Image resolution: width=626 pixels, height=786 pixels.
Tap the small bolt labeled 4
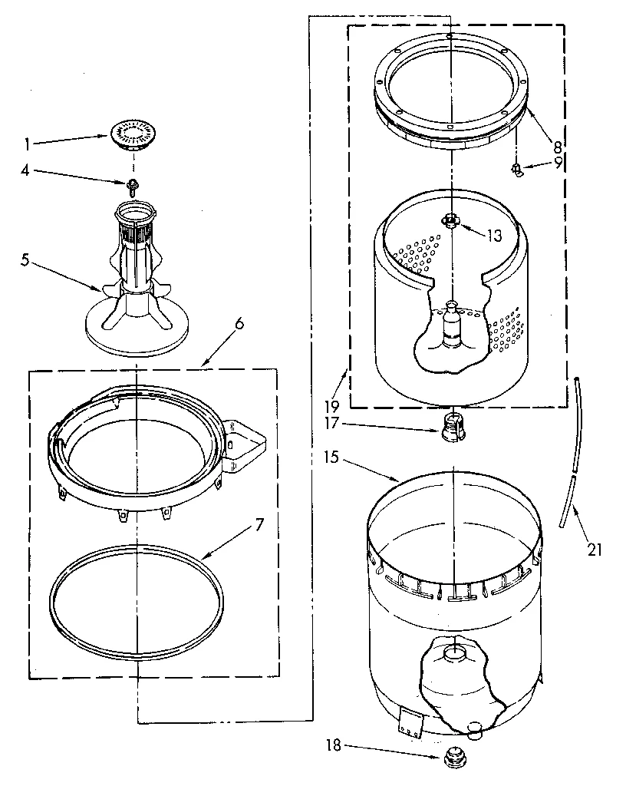pos(133,183)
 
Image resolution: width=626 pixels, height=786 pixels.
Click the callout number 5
pos(26,259)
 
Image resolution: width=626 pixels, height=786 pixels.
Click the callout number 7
pos(259,525)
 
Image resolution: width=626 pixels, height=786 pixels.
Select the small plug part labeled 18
pos(453,758)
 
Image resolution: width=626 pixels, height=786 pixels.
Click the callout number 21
pos(596,549)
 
